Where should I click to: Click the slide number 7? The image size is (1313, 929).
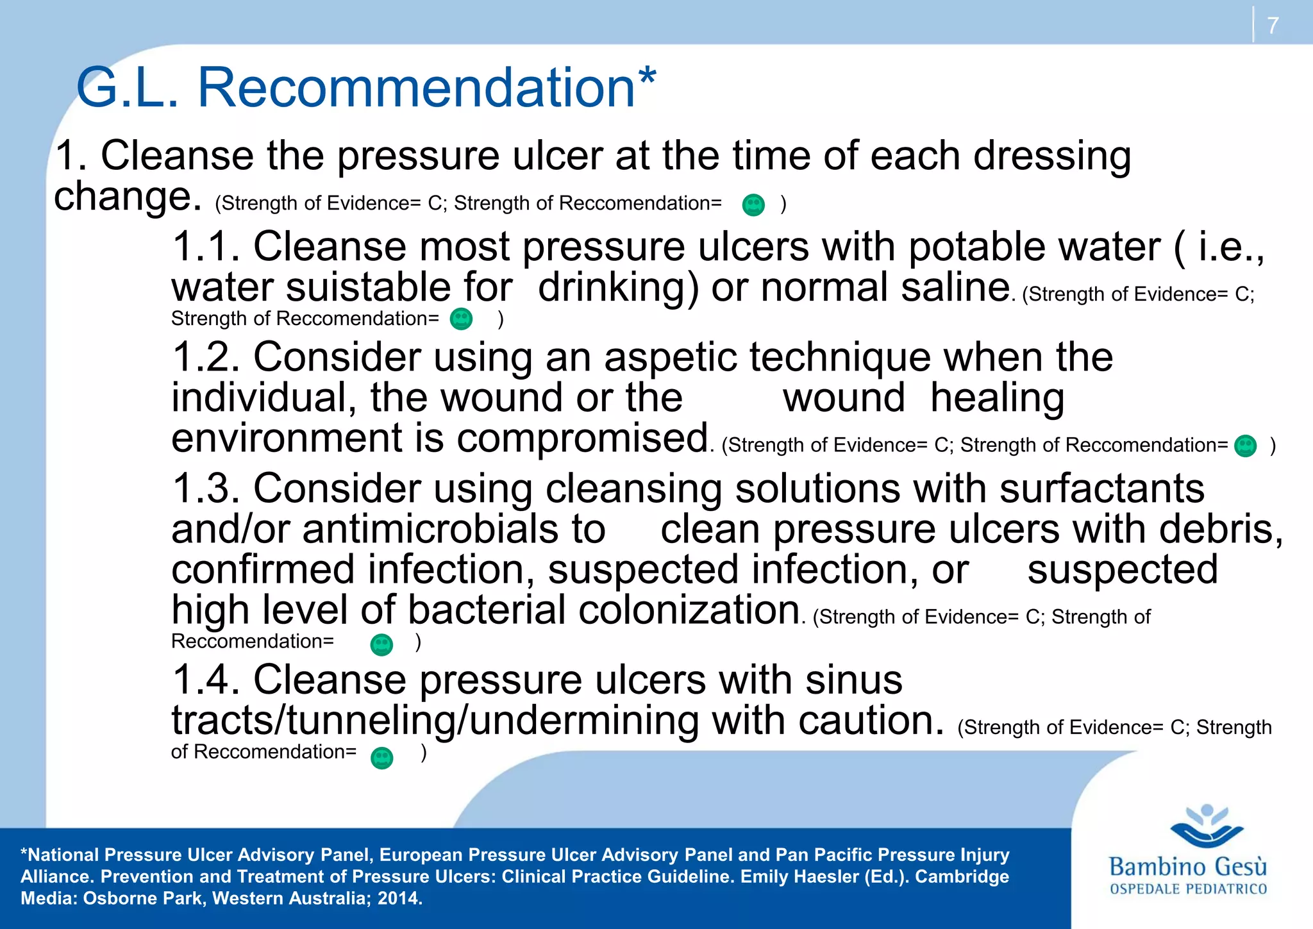pyautogui.click(x=1273, y=26)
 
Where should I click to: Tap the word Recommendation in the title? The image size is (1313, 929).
pyautogui.click(x=416, y=88)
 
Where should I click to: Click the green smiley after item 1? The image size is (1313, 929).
pyautogui.click(x=753, y=205)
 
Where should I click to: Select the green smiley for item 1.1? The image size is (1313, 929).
pyautogui.click(x=461, y=319)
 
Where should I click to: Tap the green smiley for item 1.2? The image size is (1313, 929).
pyautogui.click(x=1246, y=446)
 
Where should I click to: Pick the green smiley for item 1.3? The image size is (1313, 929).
pyautogui.click(x=381, y=644)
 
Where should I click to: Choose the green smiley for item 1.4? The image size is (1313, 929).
pyautogui.click(x=382, y=758)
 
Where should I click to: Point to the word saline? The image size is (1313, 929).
pyautogui.click(x=955, y=287)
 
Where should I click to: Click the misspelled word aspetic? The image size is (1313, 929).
pyautogui.click(x=671, y=358)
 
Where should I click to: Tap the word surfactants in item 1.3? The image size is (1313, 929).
pyautogui.click(x=1101, y=489)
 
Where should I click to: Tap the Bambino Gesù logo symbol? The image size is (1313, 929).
pyautogui.click(x=1207, y=826)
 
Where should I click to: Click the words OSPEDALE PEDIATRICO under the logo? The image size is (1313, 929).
pyautogui.click(x=1188, y=889)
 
